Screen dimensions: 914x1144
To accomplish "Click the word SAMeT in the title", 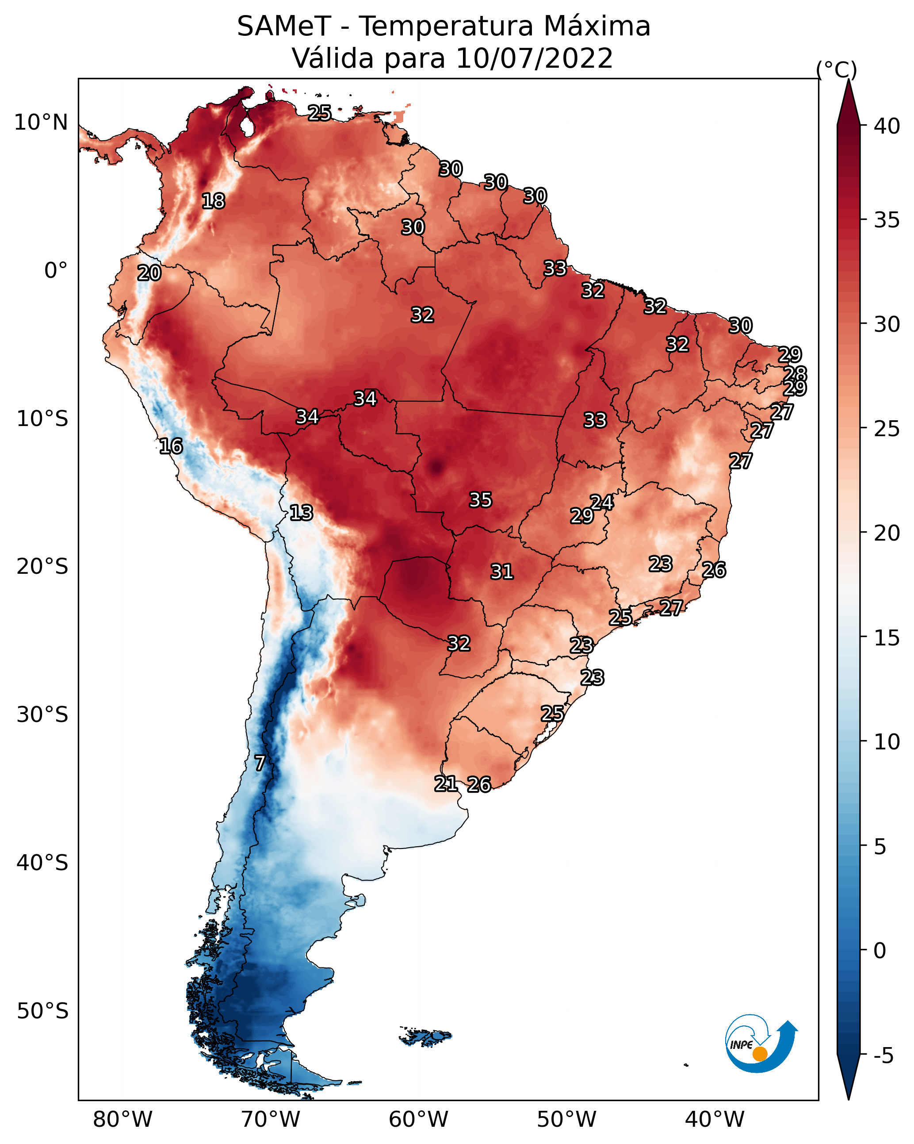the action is [284, 27].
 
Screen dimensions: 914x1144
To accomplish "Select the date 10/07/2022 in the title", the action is [534, 58].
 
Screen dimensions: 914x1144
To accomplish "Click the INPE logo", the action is [761, 1043].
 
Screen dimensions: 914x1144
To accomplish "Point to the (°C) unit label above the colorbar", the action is [836, 70].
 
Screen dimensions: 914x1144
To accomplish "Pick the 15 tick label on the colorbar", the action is [887, 638].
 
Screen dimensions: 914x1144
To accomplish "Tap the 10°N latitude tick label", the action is [41, 123].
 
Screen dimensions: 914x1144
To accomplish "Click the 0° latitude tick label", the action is [56, 270].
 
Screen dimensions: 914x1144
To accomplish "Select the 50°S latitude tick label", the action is [42, 1011].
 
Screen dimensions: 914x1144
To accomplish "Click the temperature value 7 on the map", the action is [260, 763].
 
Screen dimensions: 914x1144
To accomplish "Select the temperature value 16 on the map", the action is [171, 446].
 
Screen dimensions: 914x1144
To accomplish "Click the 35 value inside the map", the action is [481, 500].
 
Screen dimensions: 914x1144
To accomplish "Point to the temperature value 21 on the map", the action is [446, 784].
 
